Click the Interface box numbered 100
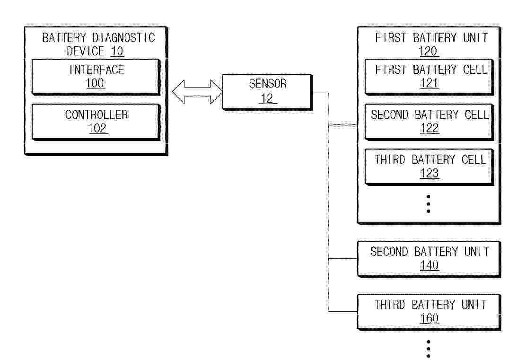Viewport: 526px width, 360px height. [x=96, y=77]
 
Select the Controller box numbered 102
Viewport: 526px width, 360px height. [x=96, y=122]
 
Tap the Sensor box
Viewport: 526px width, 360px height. [x=267, y=92]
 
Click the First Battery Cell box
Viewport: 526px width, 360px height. [x=429, y=77]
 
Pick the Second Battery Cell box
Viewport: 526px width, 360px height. [x=429, y=122]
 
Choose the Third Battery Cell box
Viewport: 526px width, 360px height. [x=429, y=167]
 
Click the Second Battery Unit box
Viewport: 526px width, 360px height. [x=429, y=259]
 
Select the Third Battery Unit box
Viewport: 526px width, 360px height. [x=429, y=312]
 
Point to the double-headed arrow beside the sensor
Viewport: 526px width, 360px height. [x=197, y=92]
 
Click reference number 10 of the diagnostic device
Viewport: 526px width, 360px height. [x=117, y=52]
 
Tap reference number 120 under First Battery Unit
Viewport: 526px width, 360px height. [x=429, y=52]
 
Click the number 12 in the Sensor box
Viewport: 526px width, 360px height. [x=267, y=98]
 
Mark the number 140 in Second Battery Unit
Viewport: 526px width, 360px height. [x=429, y=265]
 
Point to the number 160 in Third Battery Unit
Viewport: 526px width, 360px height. [x=429, y=318]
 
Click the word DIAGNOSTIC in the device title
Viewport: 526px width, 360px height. [x=123, y=37]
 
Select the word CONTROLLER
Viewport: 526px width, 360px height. [x=96, y=115]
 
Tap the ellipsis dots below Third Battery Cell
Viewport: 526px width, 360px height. [x=429, y=204]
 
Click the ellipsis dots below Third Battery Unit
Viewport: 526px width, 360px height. [x=429, y=349]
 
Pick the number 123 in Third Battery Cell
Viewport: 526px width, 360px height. [x=429, y=173]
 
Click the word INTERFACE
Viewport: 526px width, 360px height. [x=96, y=70]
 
